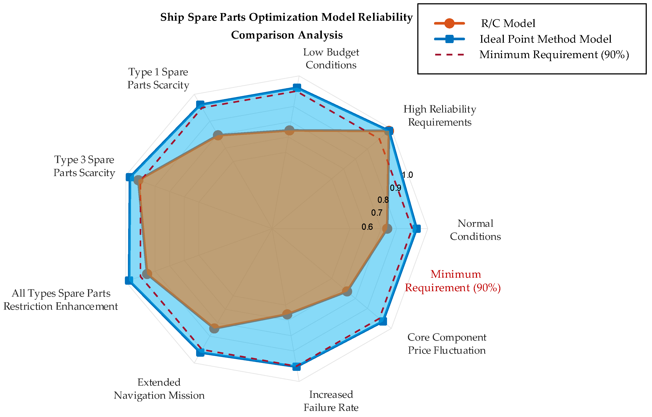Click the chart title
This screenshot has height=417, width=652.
tap(287, 26)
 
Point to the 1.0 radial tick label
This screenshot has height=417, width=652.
tap(407, 175)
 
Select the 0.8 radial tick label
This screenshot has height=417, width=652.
tap(383, 200)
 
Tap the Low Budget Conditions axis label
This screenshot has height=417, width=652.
tap(331, 59)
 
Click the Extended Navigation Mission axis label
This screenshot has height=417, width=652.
tap(159, 389)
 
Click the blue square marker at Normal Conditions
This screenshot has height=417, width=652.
tap(418, 229)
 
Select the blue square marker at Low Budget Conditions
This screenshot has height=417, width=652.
tap(297, 87)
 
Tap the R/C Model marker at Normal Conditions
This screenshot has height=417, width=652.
tap(387, 229)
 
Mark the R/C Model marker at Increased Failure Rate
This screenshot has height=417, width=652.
tap(287, 314)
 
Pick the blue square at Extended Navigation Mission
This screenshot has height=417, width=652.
tap(200, 353)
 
